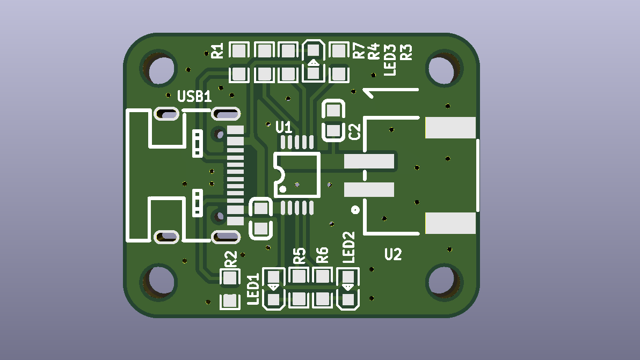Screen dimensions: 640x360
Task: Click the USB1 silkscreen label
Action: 194,96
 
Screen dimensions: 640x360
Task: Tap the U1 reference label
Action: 283,127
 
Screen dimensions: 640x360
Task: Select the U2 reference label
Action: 393,254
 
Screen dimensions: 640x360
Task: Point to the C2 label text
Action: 355,131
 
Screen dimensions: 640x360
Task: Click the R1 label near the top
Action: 217,51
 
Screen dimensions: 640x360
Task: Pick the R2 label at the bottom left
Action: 231,259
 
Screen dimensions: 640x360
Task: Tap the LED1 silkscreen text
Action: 253,289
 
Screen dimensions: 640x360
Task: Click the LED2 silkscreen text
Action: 348,247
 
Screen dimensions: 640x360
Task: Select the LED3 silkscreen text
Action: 390,60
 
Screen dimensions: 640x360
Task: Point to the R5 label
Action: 299,256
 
